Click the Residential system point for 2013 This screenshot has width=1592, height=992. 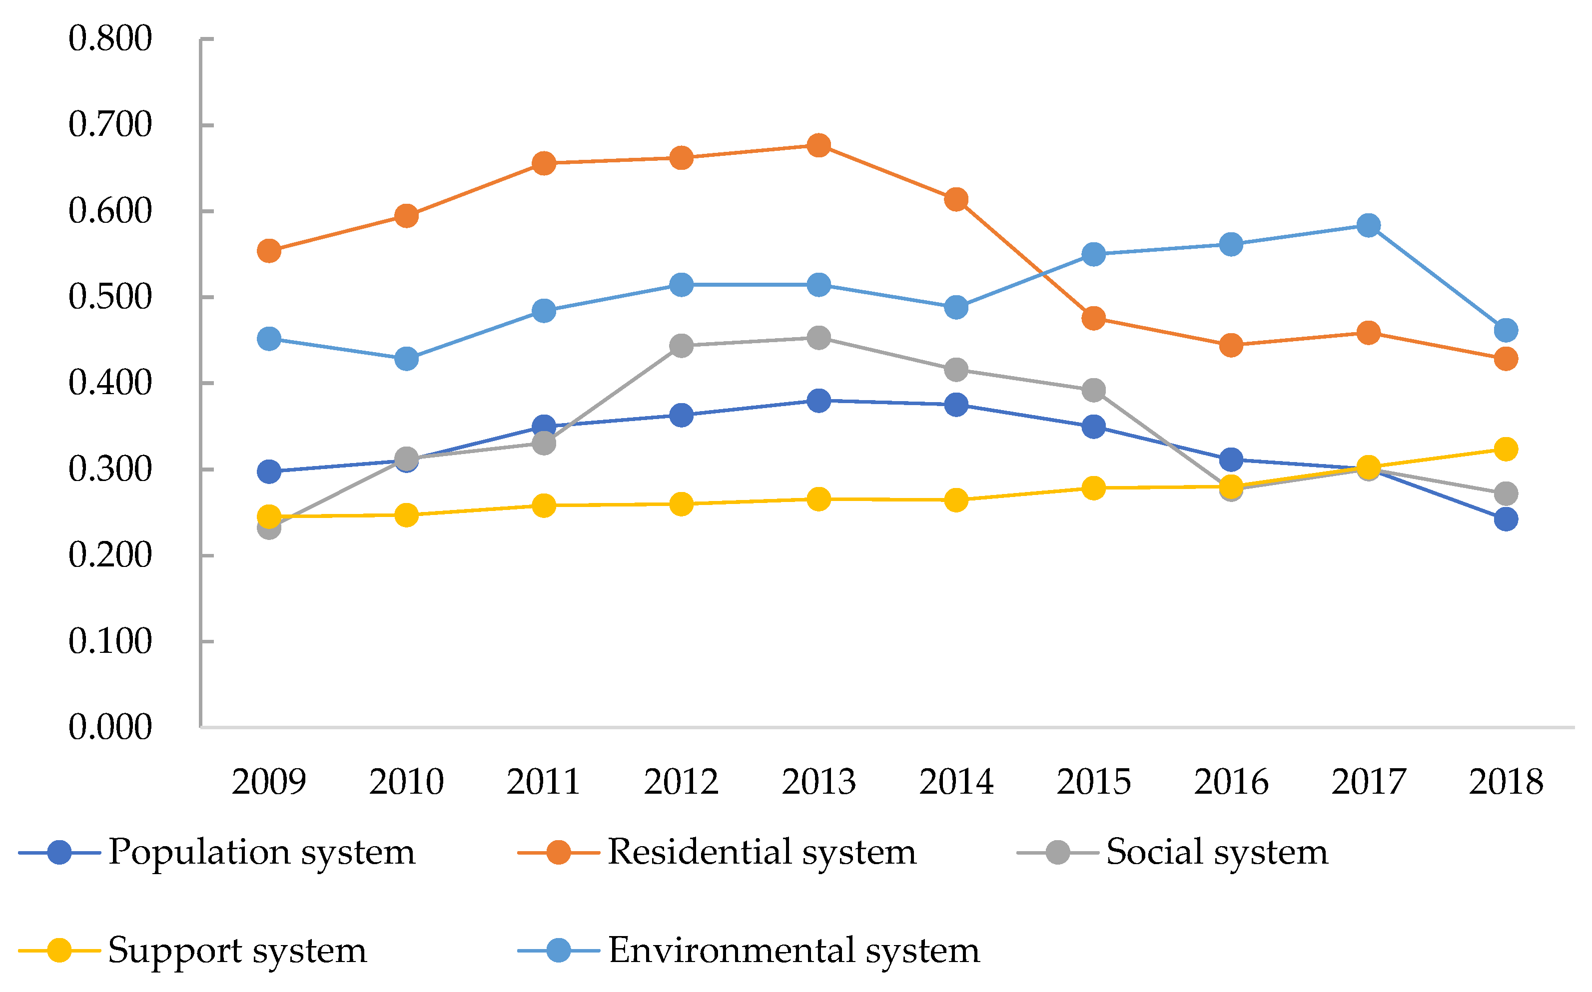818,145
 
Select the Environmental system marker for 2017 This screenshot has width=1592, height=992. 1368,226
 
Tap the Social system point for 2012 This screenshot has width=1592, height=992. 681,346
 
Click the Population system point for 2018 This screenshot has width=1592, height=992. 1506,519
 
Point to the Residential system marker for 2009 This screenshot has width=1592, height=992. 269,251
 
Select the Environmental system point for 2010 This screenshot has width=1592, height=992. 406,359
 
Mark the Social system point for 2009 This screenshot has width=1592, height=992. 269,527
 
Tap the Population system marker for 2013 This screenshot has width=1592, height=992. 818,400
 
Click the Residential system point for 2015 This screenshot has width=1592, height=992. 1093,319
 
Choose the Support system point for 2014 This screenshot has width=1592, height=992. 956,500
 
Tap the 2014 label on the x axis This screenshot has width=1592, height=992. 956,782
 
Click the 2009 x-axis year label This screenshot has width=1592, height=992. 269,782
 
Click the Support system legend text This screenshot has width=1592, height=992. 237,950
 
